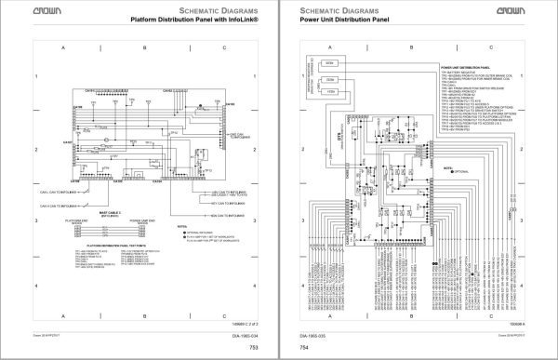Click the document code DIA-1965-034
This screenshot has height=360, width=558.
(245, 340)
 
